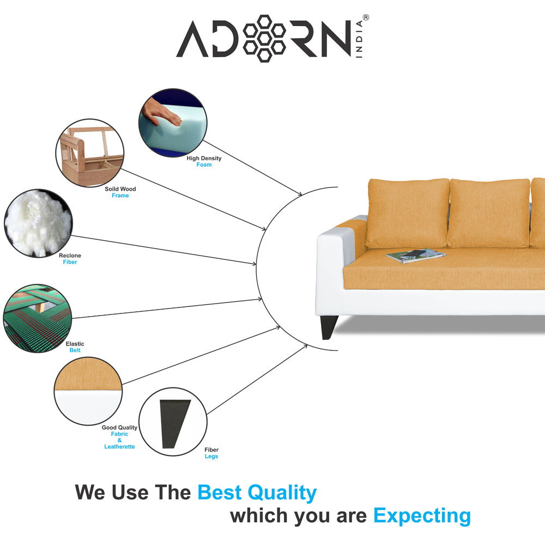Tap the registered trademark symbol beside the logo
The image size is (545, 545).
[366, 18]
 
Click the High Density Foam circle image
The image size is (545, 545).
[173, 124]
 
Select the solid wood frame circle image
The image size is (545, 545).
[90, 153]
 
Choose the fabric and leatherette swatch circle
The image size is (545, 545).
[88, 390]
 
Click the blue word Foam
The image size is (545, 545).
[204, 165]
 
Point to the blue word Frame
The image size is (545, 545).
[120, 196]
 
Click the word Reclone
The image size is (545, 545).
[70, 256]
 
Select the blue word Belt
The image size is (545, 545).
[75, 350]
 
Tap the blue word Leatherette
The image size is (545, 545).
[119, 447]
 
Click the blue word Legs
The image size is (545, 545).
[211, 457]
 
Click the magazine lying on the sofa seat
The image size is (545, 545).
[415, 255]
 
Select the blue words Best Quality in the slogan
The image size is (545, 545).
[257, 493]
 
